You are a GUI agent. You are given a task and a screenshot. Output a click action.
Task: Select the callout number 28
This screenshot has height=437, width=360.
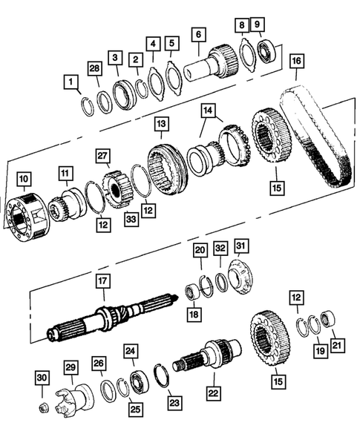(94, 70)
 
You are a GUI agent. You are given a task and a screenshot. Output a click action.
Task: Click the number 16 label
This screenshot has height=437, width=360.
(296, 59)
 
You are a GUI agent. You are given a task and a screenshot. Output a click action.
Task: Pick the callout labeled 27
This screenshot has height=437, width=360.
(103, 156)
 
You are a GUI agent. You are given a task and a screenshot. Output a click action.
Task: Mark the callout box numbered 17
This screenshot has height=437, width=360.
(102, 282)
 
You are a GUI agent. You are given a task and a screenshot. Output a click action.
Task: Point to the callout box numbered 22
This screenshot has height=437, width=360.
(212, 393)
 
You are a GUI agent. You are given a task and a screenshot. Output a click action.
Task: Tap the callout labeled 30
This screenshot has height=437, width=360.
(43, 378)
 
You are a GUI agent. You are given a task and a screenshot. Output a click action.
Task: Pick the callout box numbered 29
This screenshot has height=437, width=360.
(71, 369)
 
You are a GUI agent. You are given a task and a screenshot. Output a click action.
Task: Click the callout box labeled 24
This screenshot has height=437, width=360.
(130, 352)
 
